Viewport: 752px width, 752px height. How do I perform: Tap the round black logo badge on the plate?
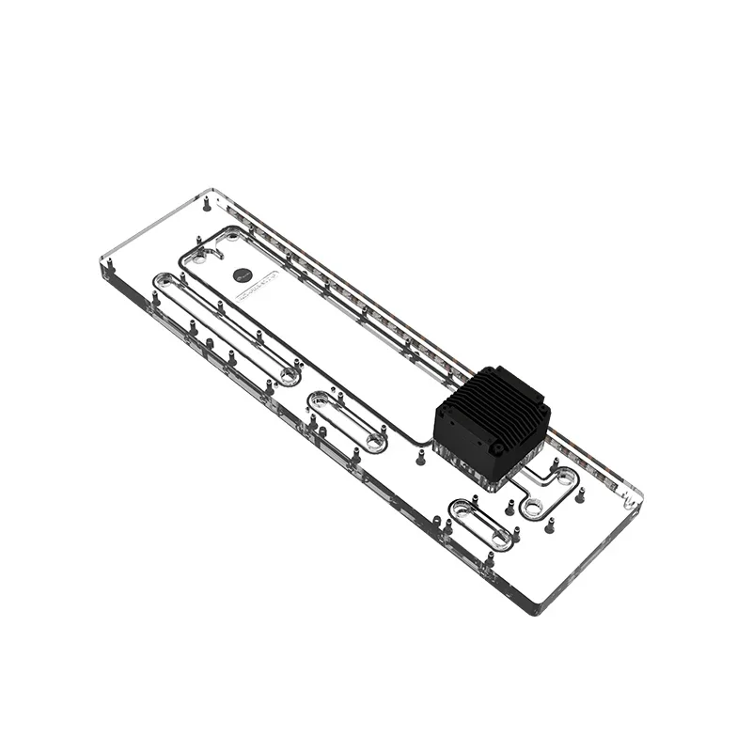[242, 275]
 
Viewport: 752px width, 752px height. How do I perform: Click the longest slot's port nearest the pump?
[288, 375]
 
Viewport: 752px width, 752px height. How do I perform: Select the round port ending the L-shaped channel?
[533, 508]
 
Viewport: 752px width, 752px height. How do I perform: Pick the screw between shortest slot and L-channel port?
[509, 508]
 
